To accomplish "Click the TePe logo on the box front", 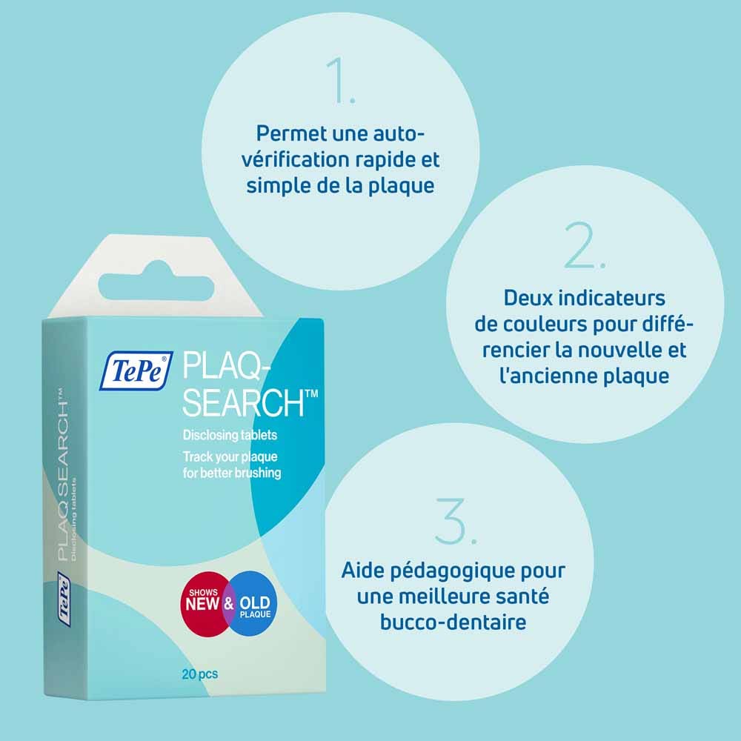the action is click(136, 370).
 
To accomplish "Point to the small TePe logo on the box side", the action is click(64, 599).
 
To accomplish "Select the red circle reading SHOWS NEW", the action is click(205, 604).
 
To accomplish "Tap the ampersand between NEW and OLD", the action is click(229, 604).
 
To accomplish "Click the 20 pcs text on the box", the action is click(200, 674).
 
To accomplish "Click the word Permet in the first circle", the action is click(291, 133).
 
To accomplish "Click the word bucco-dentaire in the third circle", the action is click(453, 622).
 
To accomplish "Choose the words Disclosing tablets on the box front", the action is click(230, 435).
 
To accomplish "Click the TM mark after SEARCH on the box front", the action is click(312, 393).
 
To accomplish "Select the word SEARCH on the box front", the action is click(243, 402).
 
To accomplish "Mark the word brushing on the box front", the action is click(258, 473).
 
